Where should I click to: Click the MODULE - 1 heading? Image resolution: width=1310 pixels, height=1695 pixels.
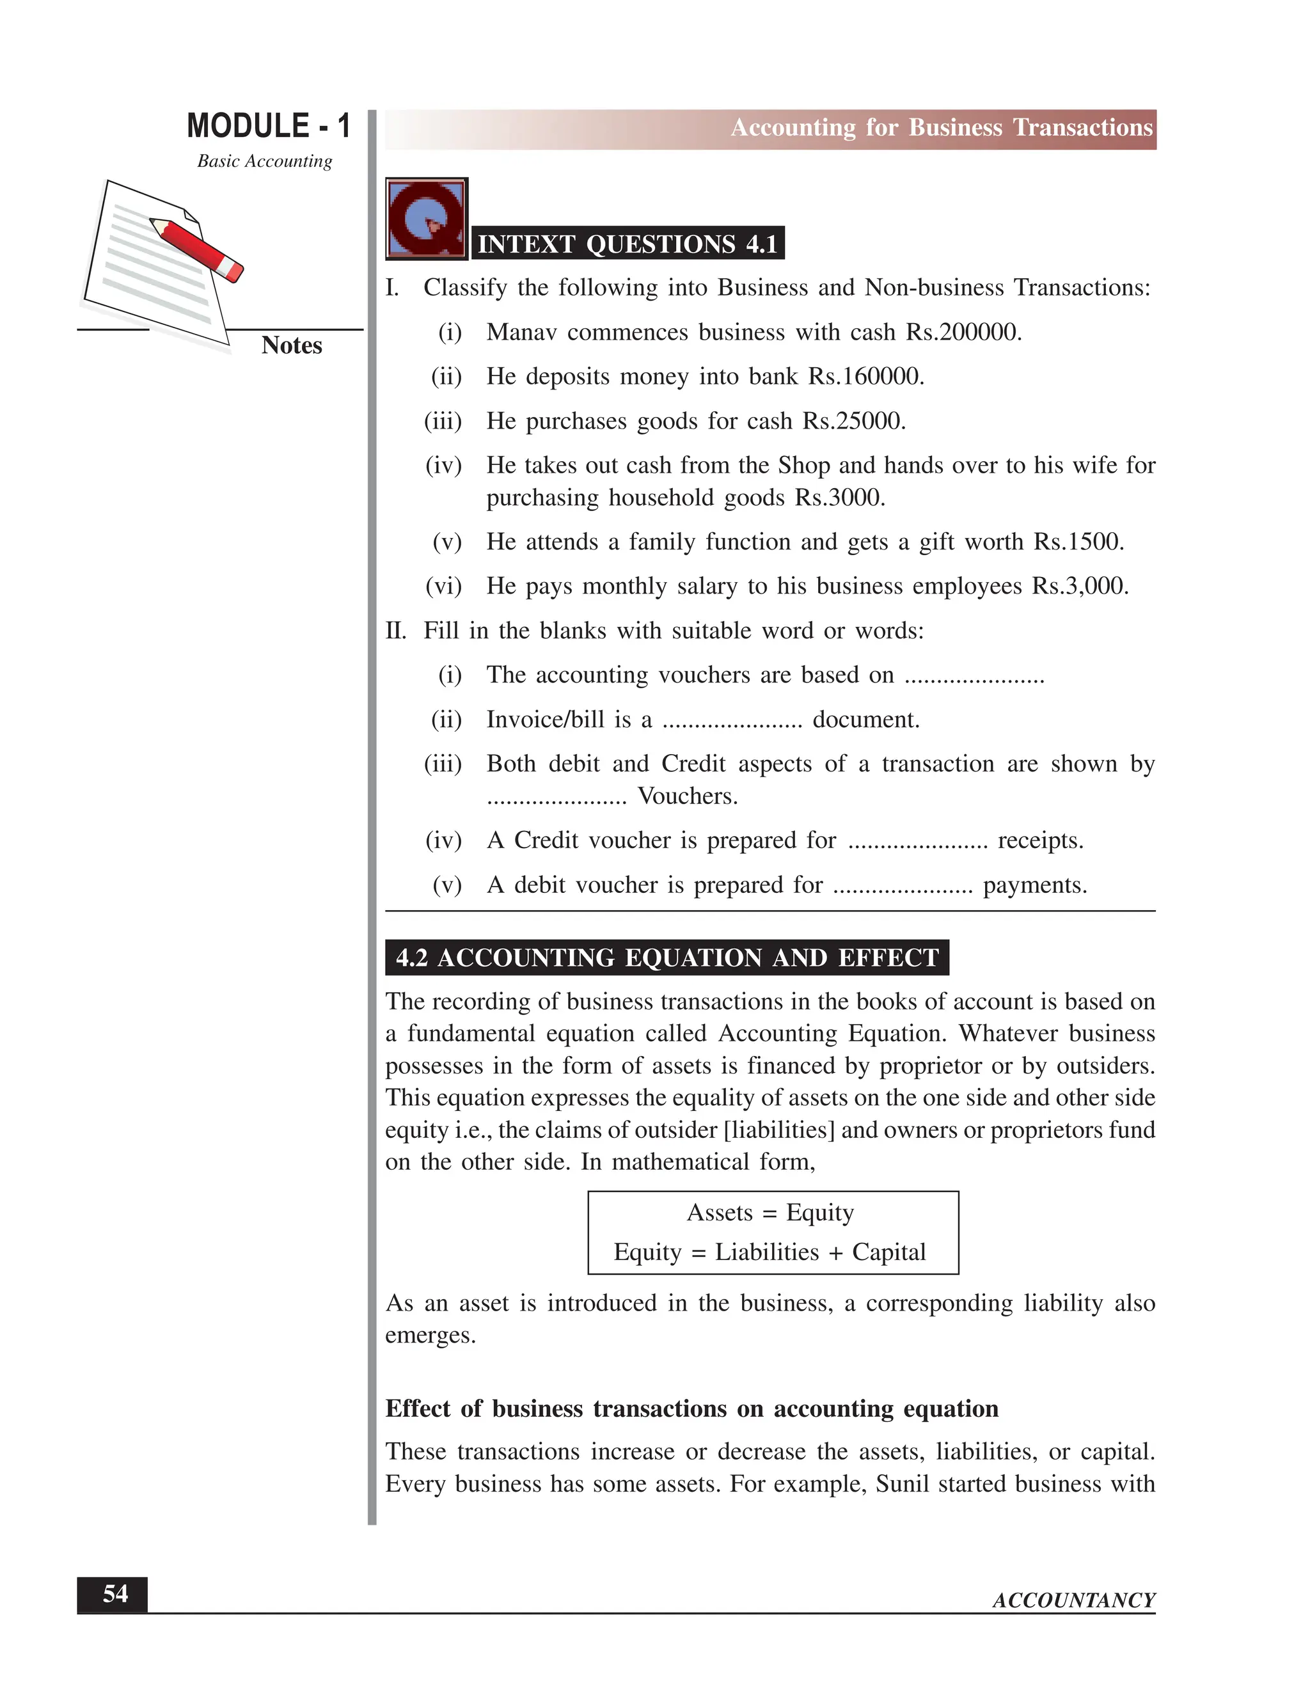tap(269, 126)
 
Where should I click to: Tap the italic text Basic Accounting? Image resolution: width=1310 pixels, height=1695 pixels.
tap(264, 161)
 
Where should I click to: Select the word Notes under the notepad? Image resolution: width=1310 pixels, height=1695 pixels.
tap(292, 345)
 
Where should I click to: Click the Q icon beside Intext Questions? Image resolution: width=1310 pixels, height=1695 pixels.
tap(426, 218)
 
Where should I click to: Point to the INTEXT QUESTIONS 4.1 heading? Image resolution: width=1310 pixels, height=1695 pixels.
tap(627, 244)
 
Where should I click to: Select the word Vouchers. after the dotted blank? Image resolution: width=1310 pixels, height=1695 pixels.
tap(688, 796)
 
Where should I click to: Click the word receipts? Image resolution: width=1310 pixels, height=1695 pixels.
tap(1040, 840)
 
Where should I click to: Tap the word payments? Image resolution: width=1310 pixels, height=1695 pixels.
tap(1034, 885)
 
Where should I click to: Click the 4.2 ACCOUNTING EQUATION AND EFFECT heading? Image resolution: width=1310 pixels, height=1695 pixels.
tap(667, 958)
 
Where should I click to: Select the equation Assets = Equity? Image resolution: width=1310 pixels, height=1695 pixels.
tap(770, 1212)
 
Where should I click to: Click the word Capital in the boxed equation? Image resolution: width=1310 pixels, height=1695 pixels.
tap(888, 1252)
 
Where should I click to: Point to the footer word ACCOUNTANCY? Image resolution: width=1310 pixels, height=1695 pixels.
tap(1073, 1600)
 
